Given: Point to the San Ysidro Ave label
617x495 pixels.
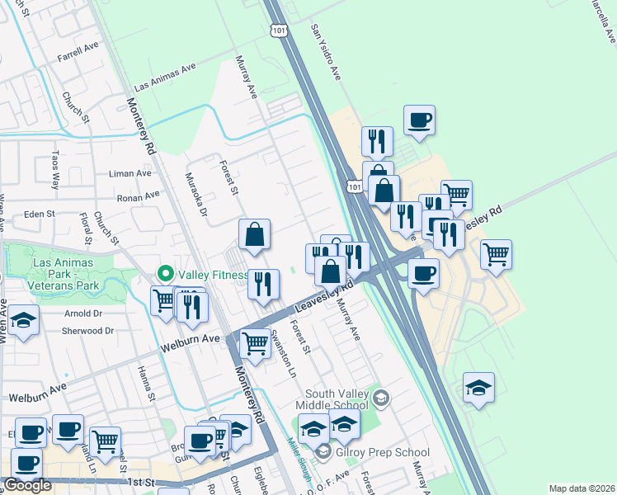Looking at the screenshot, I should tap(325, 51).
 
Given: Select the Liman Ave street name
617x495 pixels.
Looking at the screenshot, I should tap(131, 174).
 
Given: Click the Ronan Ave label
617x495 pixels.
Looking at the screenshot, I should tap(139, 197).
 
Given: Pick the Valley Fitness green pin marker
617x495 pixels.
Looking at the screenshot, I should tap(165, 274).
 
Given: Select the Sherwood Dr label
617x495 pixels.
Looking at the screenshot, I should tap(87, 331).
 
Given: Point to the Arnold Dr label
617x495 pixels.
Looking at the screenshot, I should tap(83, 313).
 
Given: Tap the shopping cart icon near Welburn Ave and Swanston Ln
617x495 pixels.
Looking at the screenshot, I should tap(254, 342).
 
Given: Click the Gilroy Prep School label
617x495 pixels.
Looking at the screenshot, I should tap(385, 452).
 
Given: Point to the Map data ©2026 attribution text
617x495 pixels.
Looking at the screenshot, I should tap(582, 488).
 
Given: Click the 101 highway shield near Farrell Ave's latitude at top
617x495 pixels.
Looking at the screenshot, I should tap(276, 29).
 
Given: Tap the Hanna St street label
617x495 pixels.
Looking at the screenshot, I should tap(146, 384).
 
